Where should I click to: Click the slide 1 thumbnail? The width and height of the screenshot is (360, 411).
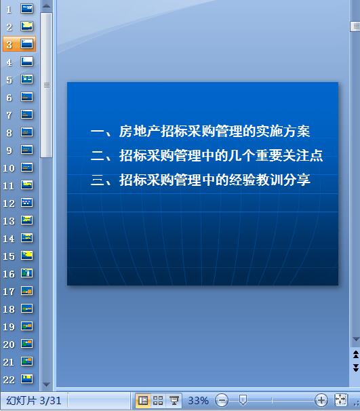tap(27, 9)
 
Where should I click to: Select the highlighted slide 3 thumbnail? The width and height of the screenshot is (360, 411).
tap(27, 44)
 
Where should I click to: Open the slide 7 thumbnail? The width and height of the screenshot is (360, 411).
tap(27, 115)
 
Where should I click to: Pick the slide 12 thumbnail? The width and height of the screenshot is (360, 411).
tap(27, 203)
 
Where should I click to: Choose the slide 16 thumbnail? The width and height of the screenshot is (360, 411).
tap(27, 273)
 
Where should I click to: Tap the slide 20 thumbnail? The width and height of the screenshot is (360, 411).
tap(27, 344)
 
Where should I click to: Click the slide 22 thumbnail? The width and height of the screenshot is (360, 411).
tap(27, 379)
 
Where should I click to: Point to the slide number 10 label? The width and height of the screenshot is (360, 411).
tap(8, 168)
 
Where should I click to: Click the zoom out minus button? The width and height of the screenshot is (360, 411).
tap(222, 401)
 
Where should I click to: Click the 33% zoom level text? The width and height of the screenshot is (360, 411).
tap(198, 401)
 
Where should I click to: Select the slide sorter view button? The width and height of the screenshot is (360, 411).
tap(158, 401)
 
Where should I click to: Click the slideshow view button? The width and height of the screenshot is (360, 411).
tap(174, 401)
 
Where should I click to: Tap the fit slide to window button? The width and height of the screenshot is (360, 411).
tap(340, 401)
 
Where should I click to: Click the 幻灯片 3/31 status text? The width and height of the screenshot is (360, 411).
tap(33, 401)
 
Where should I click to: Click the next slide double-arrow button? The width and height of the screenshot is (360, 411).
tap(355, 367)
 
